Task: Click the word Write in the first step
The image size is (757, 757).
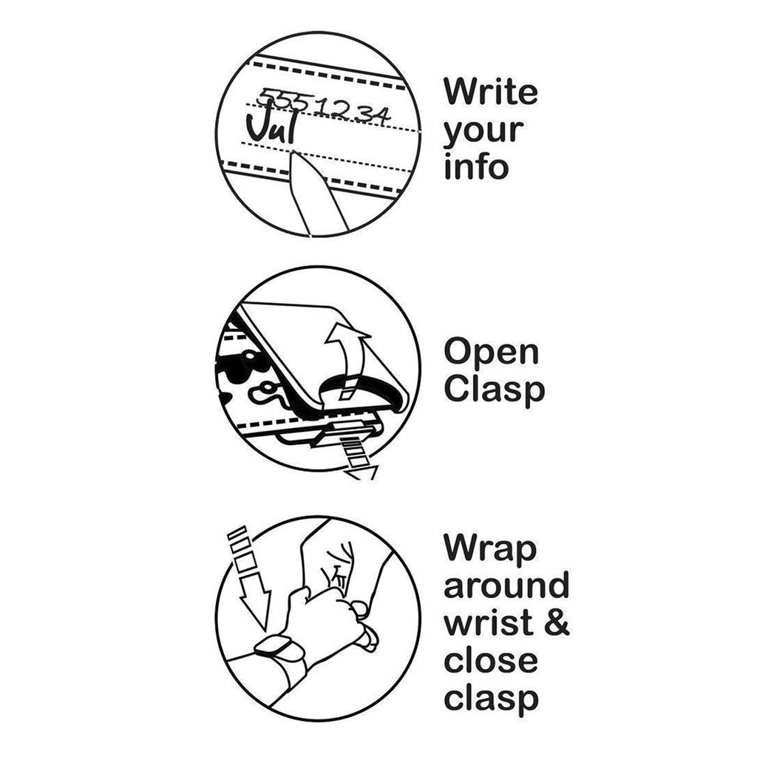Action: point(490,92)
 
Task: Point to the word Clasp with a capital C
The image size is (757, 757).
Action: point(494,390)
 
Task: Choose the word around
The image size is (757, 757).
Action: point(506,585)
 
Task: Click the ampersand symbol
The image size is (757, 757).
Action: point(556,622)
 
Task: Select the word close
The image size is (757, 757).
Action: point(490,659)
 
